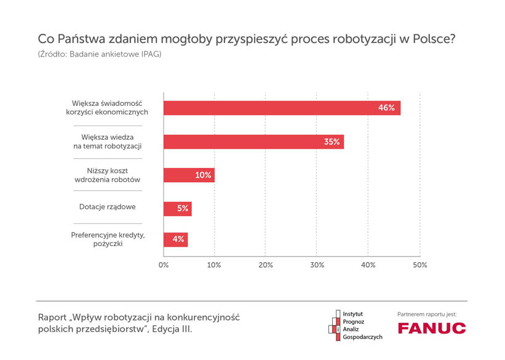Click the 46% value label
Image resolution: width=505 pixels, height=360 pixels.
click(x=386, y=108)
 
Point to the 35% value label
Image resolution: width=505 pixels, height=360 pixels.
click(x=332, y=142)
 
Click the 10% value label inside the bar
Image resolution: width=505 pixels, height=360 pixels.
click(x=203, y=175)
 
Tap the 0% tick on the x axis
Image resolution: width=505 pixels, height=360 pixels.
click(x=164, y=265)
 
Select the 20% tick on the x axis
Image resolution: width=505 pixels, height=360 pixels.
click(x=266, y=265)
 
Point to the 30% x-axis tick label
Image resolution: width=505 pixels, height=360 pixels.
click(x=317, y=265)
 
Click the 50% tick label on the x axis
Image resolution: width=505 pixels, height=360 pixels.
click(x=420, y=265)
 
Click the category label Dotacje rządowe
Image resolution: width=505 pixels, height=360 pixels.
click(x=107, y=207)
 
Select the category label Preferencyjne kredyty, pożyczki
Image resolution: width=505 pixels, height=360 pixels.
click(x=107, y=239)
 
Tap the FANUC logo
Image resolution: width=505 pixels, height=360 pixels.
click(x=432, y=328)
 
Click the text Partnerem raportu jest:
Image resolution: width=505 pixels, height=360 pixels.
click(x=427, y=314)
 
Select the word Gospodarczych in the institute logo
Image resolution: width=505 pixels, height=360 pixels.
click(x=362, y=337)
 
